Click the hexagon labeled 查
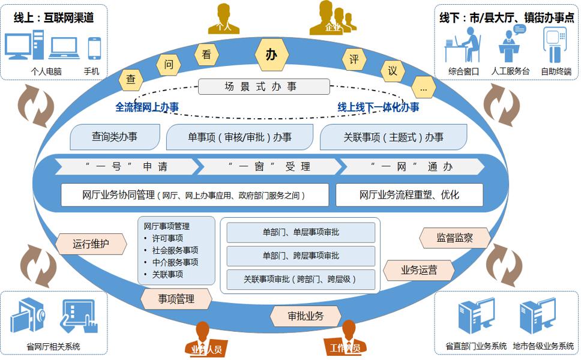pyautogui.click(x=130, y=79)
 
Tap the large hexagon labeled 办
pyautogui.click(x=272, y=55)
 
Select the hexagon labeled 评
pyautogui.click(x=354, y=60)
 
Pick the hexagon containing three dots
pyautogui.click(x=424, y=88)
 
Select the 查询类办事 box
pyautogui.click(x=115, y=137)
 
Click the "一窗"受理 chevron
pyautogui.click(x=269, y=166)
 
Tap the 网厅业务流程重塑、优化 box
pyautogui.click(x=409, y=195)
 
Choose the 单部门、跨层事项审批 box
pyautogui.click(x=301, y=256)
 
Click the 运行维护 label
pyautogui.click(x=91, y=244)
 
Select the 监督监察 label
pyautogui.click(x=454, y=238)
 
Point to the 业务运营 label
pyautogui.click(x=419, y=271)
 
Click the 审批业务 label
pyautogui.click(x=306, y=316)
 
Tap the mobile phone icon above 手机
pyautogui.click(x=94, y=48)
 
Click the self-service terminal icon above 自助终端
pyautogui.click(x=555, y=46)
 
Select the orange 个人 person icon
pyautogui.click(x=223, y=19)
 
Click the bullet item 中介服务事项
pyautogui.click(x=175, y=262)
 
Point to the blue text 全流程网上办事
pyautogui.click(x=147, y=107)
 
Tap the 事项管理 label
pyautogui.click(x=176, y=298)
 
